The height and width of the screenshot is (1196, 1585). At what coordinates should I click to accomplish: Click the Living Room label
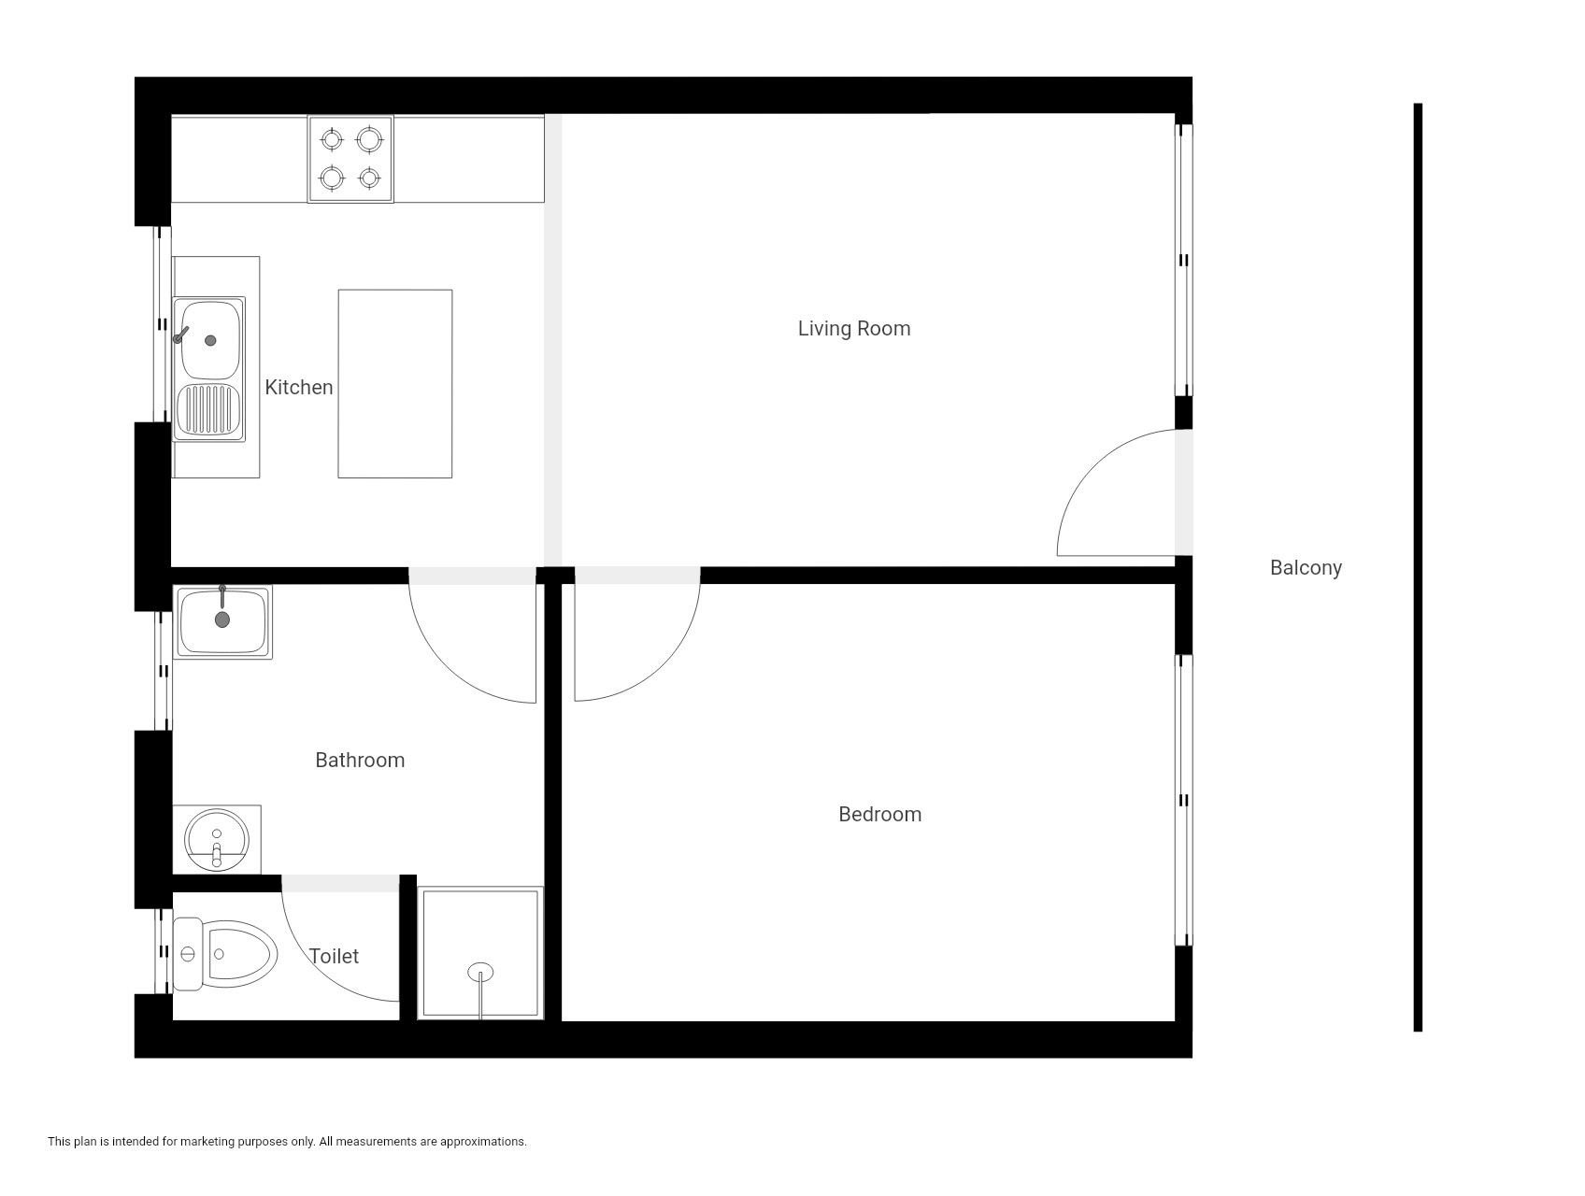(x=853, y=329)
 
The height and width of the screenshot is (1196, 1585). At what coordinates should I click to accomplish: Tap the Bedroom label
(x=879, y=815)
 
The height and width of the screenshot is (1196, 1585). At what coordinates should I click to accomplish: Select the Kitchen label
(x=298, y=387)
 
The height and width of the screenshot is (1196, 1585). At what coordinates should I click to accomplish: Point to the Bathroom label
(x=360, y=761)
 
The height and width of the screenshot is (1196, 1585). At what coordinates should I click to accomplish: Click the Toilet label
(x=334, y=956)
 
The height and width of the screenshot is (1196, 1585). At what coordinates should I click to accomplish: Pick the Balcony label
(x=1306, y=568)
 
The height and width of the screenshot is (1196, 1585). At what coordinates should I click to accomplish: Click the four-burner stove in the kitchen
(x=350, y=159)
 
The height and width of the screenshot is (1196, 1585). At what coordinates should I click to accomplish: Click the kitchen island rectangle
(x=395, y=384)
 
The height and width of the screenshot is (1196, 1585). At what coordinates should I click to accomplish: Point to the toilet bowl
(x=239, y=954)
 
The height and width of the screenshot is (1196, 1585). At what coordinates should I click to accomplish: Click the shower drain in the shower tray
(x=480, y=973)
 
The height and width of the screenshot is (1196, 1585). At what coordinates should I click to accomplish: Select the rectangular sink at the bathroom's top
(x=222, y=622)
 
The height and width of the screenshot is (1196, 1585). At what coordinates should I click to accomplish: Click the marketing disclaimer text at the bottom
(x=287, y=1141)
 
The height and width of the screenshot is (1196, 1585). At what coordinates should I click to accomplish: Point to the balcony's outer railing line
(x=1418, y=567)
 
